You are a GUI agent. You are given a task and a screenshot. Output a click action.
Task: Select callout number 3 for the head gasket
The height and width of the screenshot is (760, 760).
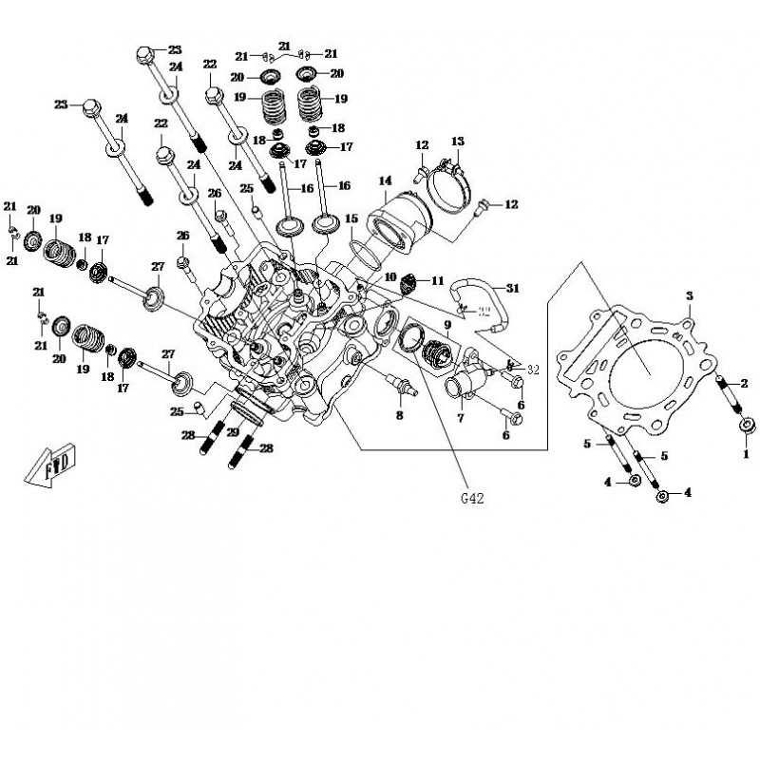coord(690,296)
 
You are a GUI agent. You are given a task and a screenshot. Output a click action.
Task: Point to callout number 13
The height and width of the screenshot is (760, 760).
coord(457,142)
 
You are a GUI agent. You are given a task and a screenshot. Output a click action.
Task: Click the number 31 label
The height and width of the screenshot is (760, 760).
coord(512,288)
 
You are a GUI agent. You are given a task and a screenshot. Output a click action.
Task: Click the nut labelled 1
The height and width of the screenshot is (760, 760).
coord(746,425)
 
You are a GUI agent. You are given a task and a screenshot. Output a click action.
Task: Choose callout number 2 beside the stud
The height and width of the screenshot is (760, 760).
coord(744,383)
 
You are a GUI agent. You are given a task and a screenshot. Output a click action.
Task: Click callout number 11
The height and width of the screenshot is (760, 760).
coord(437,280)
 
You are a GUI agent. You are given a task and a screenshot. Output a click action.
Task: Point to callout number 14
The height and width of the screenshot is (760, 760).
coord(385,180)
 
